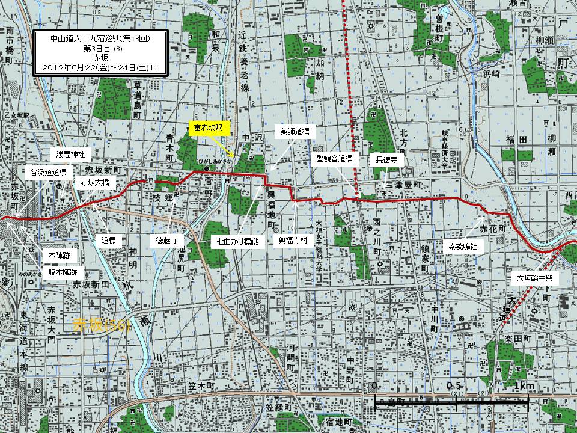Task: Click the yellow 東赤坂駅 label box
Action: (208, 128)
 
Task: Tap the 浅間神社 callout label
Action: (70, 155)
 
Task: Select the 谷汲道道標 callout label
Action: (48, 171)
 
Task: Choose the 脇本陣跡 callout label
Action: (63, 272)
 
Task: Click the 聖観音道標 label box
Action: (338, 159)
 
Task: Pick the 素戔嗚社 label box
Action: (462, 246)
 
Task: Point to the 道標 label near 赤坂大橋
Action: (108, 240)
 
